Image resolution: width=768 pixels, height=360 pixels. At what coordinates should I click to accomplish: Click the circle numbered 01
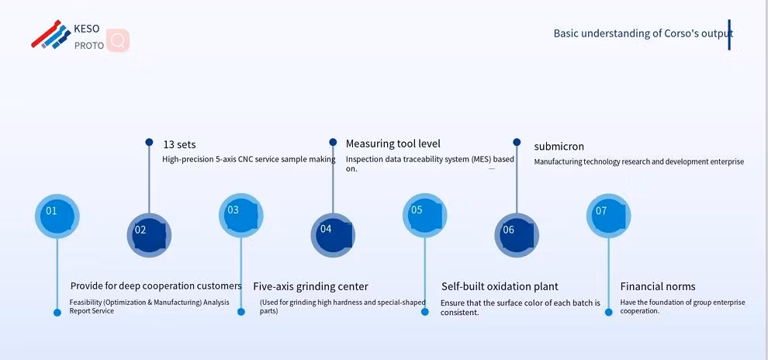[x=57, y=215]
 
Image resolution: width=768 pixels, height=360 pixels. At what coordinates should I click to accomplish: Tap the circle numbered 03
[x=240, y=215]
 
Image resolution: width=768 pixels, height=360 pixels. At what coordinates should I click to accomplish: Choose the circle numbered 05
[x=424, y=215]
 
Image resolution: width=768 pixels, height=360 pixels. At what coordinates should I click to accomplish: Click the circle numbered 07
[x=608, y=215]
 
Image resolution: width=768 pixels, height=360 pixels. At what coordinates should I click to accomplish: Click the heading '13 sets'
[x=179, y=144]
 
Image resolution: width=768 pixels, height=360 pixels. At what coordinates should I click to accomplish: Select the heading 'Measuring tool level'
[x=393, y=144]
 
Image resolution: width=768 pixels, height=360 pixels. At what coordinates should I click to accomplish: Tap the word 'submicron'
[x=559, y=146]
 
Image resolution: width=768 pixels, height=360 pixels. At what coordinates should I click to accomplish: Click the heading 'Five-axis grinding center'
[x=310, y=286]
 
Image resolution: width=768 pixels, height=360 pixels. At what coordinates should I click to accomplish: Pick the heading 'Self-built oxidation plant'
[x=500, y=286]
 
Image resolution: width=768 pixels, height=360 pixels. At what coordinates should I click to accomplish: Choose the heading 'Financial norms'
[x=657, y=286]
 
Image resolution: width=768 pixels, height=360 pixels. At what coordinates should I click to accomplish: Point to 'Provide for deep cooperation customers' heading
[x=156, y=286]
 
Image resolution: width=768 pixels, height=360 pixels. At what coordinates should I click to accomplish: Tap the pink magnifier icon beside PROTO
[x=118, y=40]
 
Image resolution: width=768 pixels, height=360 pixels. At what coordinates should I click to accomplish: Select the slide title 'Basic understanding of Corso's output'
[x=642, y=33]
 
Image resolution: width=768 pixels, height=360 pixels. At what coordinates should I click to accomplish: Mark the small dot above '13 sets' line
[x=149, y=142]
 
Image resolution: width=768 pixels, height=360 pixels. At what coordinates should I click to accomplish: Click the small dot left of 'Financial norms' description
[x=608, y=312]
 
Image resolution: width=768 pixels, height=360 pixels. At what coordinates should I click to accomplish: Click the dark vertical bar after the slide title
[x=729, y=35]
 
